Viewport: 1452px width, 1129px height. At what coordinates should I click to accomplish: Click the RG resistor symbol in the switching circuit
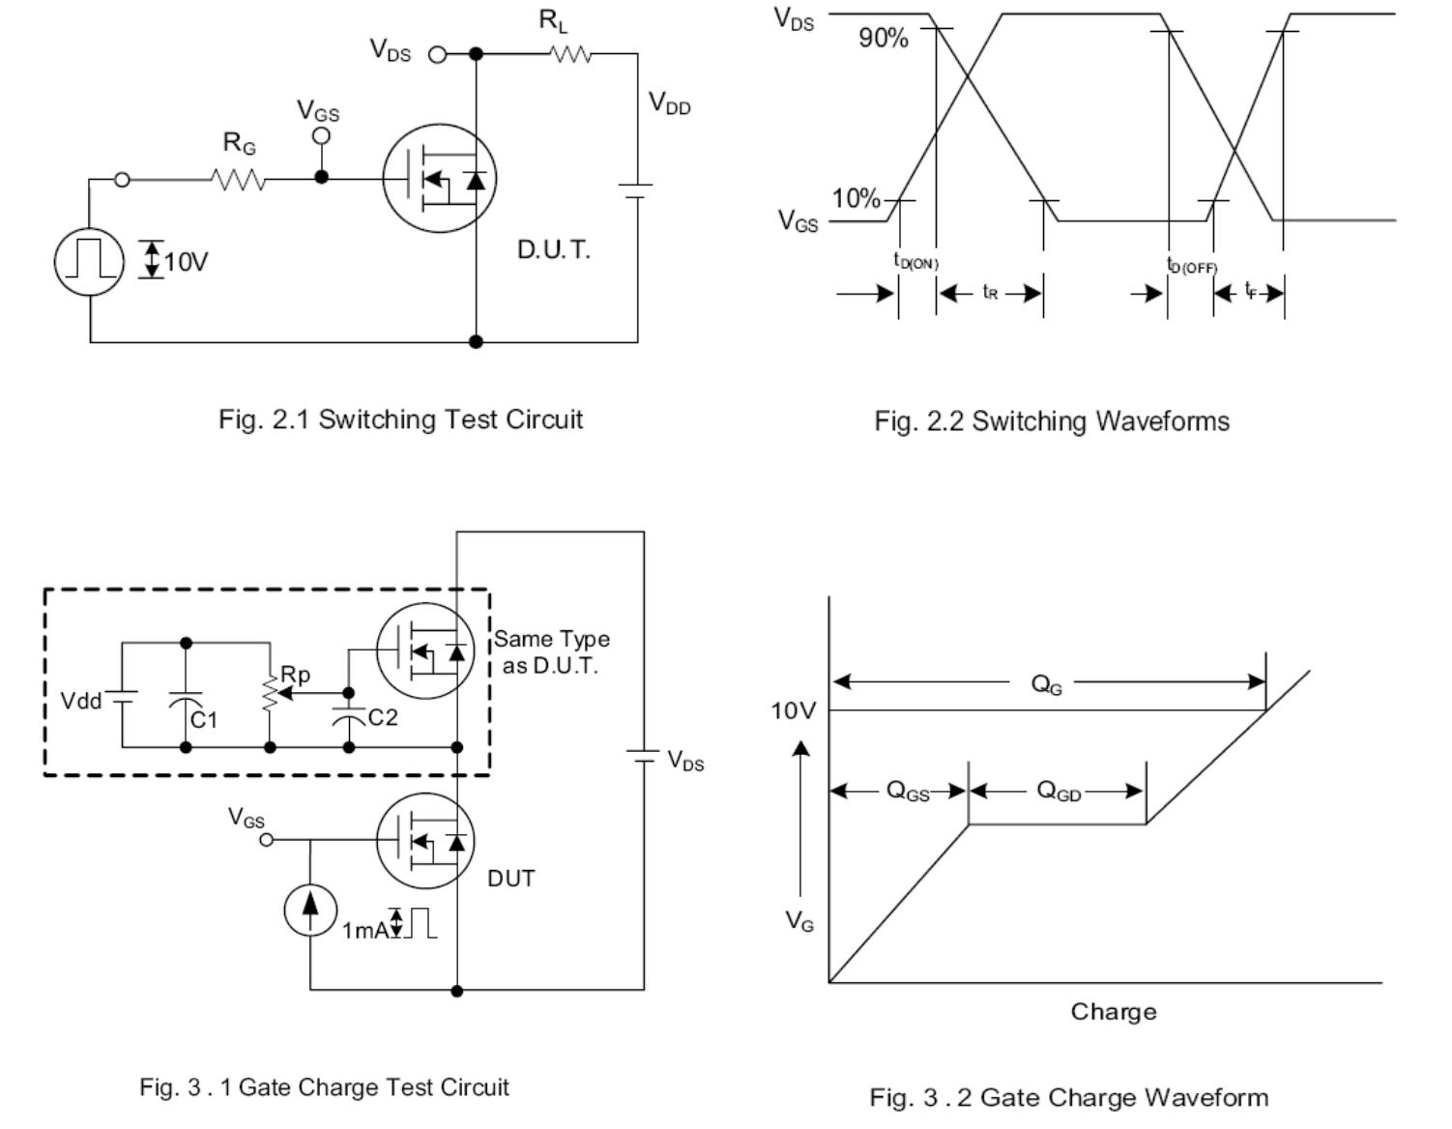(238, 179)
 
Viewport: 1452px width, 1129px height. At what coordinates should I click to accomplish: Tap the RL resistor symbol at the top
(570, 55)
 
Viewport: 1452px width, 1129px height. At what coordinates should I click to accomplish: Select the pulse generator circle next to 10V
(89, 262)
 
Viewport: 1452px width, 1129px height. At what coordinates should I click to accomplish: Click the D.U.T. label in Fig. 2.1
(553, 249)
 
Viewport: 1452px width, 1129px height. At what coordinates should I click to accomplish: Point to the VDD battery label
(669, 102)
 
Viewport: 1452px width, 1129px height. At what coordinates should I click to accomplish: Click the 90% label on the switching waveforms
(883, 39)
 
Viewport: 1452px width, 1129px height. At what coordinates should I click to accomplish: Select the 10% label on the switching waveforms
(856, 199)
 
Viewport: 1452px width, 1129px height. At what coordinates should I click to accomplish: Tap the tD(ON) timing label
(915, 261)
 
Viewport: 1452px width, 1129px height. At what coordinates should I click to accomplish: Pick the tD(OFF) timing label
(1191, 265)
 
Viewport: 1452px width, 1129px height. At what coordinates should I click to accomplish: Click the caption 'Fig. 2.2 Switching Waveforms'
(1052, 421)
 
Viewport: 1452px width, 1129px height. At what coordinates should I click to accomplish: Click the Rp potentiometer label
(295, 675)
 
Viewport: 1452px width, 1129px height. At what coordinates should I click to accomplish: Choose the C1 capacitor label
(204, 720)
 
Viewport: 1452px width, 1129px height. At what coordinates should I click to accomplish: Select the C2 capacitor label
(383, 717)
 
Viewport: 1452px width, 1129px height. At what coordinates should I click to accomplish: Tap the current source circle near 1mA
(310, 910)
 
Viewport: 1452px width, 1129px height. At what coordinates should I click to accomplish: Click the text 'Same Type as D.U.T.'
(552, 652)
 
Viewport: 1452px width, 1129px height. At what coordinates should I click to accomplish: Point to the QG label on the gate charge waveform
(1046, 684)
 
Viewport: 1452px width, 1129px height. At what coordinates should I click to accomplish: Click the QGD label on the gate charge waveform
(1058, 791)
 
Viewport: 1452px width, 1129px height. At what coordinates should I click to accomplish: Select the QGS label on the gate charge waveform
(908, 791)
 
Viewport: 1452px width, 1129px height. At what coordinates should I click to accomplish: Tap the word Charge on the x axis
(1113, 1012)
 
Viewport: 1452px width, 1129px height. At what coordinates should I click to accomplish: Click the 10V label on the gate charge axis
(793, 711)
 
